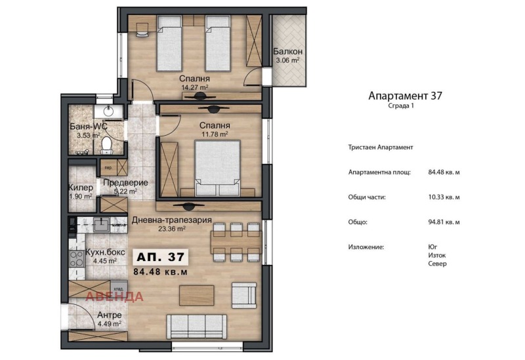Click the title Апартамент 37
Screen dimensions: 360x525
click(405, 96)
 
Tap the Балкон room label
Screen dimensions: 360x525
click(287, 52)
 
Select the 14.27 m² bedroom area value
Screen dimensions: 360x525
click(195, 86)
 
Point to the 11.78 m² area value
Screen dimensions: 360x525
click(215, 134)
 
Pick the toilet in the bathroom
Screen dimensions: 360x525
click(106, 144)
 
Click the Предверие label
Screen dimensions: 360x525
click(125, 183)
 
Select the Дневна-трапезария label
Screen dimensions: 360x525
click(171, 220)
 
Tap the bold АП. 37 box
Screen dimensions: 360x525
click(160, 256)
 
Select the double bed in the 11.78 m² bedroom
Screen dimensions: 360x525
click(217, 168)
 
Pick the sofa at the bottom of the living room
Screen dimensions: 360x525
click(197, 325)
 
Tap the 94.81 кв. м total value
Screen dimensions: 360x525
click(444, 222)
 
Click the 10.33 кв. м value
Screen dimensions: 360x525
click(444, 197)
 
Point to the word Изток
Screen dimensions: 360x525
click(436, 255)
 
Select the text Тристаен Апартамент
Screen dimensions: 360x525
click(381, 148)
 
